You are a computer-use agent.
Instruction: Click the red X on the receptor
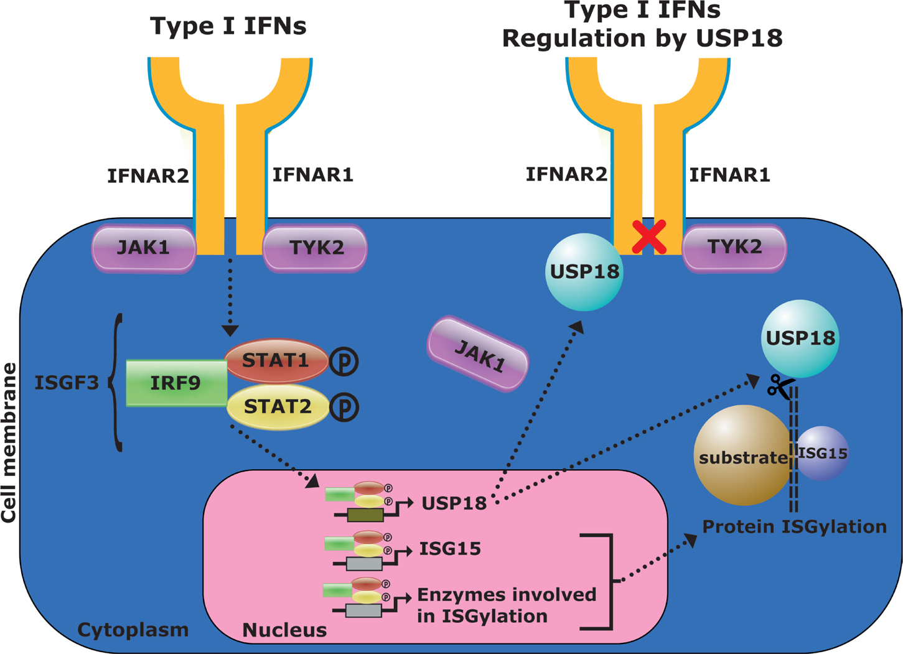coord(649,236)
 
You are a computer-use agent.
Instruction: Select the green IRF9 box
coord(176,383)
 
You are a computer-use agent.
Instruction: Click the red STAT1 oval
coord(276,360)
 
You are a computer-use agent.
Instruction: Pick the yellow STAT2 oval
coord(278,407)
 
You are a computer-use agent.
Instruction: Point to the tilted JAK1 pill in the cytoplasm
coord(478,354)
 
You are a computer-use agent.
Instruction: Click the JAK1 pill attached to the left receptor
coord(144,248)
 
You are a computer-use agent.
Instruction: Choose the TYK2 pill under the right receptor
coord(734,248)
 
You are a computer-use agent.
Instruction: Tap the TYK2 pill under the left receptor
coord(316,248)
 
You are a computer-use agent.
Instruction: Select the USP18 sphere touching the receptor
coord(584,272)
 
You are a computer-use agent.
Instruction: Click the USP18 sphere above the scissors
coord(800,339)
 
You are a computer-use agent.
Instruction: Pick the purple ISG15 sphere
coord(823,453)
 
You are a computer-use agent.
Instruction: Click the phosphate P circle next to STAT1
coord(344,362)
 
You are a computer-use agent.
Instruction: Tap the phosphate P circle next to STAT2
coord(344,408)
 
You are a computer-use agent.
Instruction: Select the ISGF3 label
coord(66,383)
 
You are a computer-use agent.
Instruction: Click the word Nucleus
coord(284,630)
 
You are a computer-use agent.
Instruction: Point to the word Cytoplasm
coord(133,630)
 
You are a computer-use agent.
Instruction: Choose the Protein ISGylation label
coord(794,527)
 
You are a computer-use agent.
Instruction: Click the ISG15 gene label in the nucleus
coord(450,549)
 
